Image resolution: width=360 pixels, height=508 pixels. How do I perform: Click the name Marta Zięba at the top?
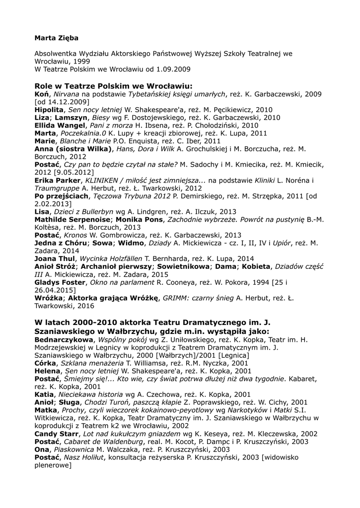pyautogui.click(x=56, y=38)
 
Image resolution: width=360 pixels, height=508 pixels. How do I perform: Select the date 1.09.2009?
pyautogui.click(x=171, y=69)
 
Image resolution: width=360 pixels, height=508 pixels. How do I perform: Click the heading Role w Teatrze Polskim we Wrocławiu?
pyautogui.click(x=113, y=85)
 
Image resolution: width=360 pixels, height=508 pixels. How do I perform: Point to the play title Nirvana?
pyautogui.click(x=66, y=94)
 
